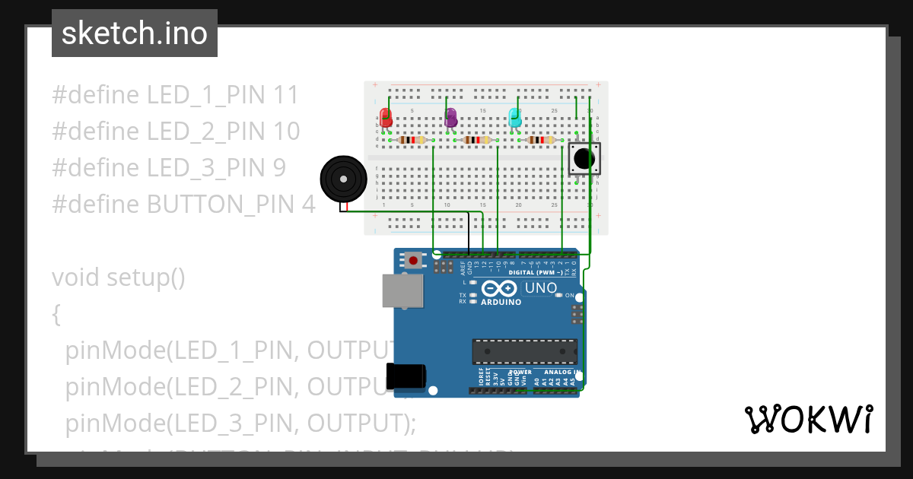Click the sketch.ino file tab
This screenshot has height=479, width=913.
[x=134, y=33]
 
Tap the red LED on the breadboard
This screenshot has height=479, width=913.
[x=387, y=118]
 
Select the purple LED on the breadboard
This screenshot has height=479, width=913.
[x=450, y=118]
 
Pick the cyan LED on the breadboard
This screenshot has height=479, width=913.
[x=515, y=118]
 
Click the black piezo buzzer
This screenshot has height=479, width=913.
[x=343, y=179]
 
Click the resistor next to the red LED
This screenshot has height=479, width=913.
[x=412, y=140]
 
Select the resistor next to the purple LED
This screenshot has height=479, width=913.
[x=476, y=140]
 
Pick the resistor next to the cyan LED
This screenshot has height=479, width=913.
[x=541, y=140]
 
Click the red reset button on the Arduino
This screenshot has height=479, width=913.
[x=413, y=260]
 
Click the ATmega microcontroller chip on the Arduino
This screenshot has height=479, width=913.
[x=524, y=351]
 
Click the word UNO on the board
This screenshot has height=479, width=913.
[x=541, y=288]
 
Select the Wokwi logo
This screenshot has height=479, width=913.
[x=808, y=420]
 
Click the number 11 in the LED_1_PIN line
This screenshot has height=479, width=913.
[x=286, y=95]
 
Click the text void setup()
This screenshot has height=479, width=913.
[x=118, y=278]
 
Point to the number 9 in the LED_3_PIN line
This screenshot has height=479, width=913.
[x=278, y=167]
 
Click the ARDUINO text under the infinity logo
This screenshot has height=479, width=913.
[x=501, y=302]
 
